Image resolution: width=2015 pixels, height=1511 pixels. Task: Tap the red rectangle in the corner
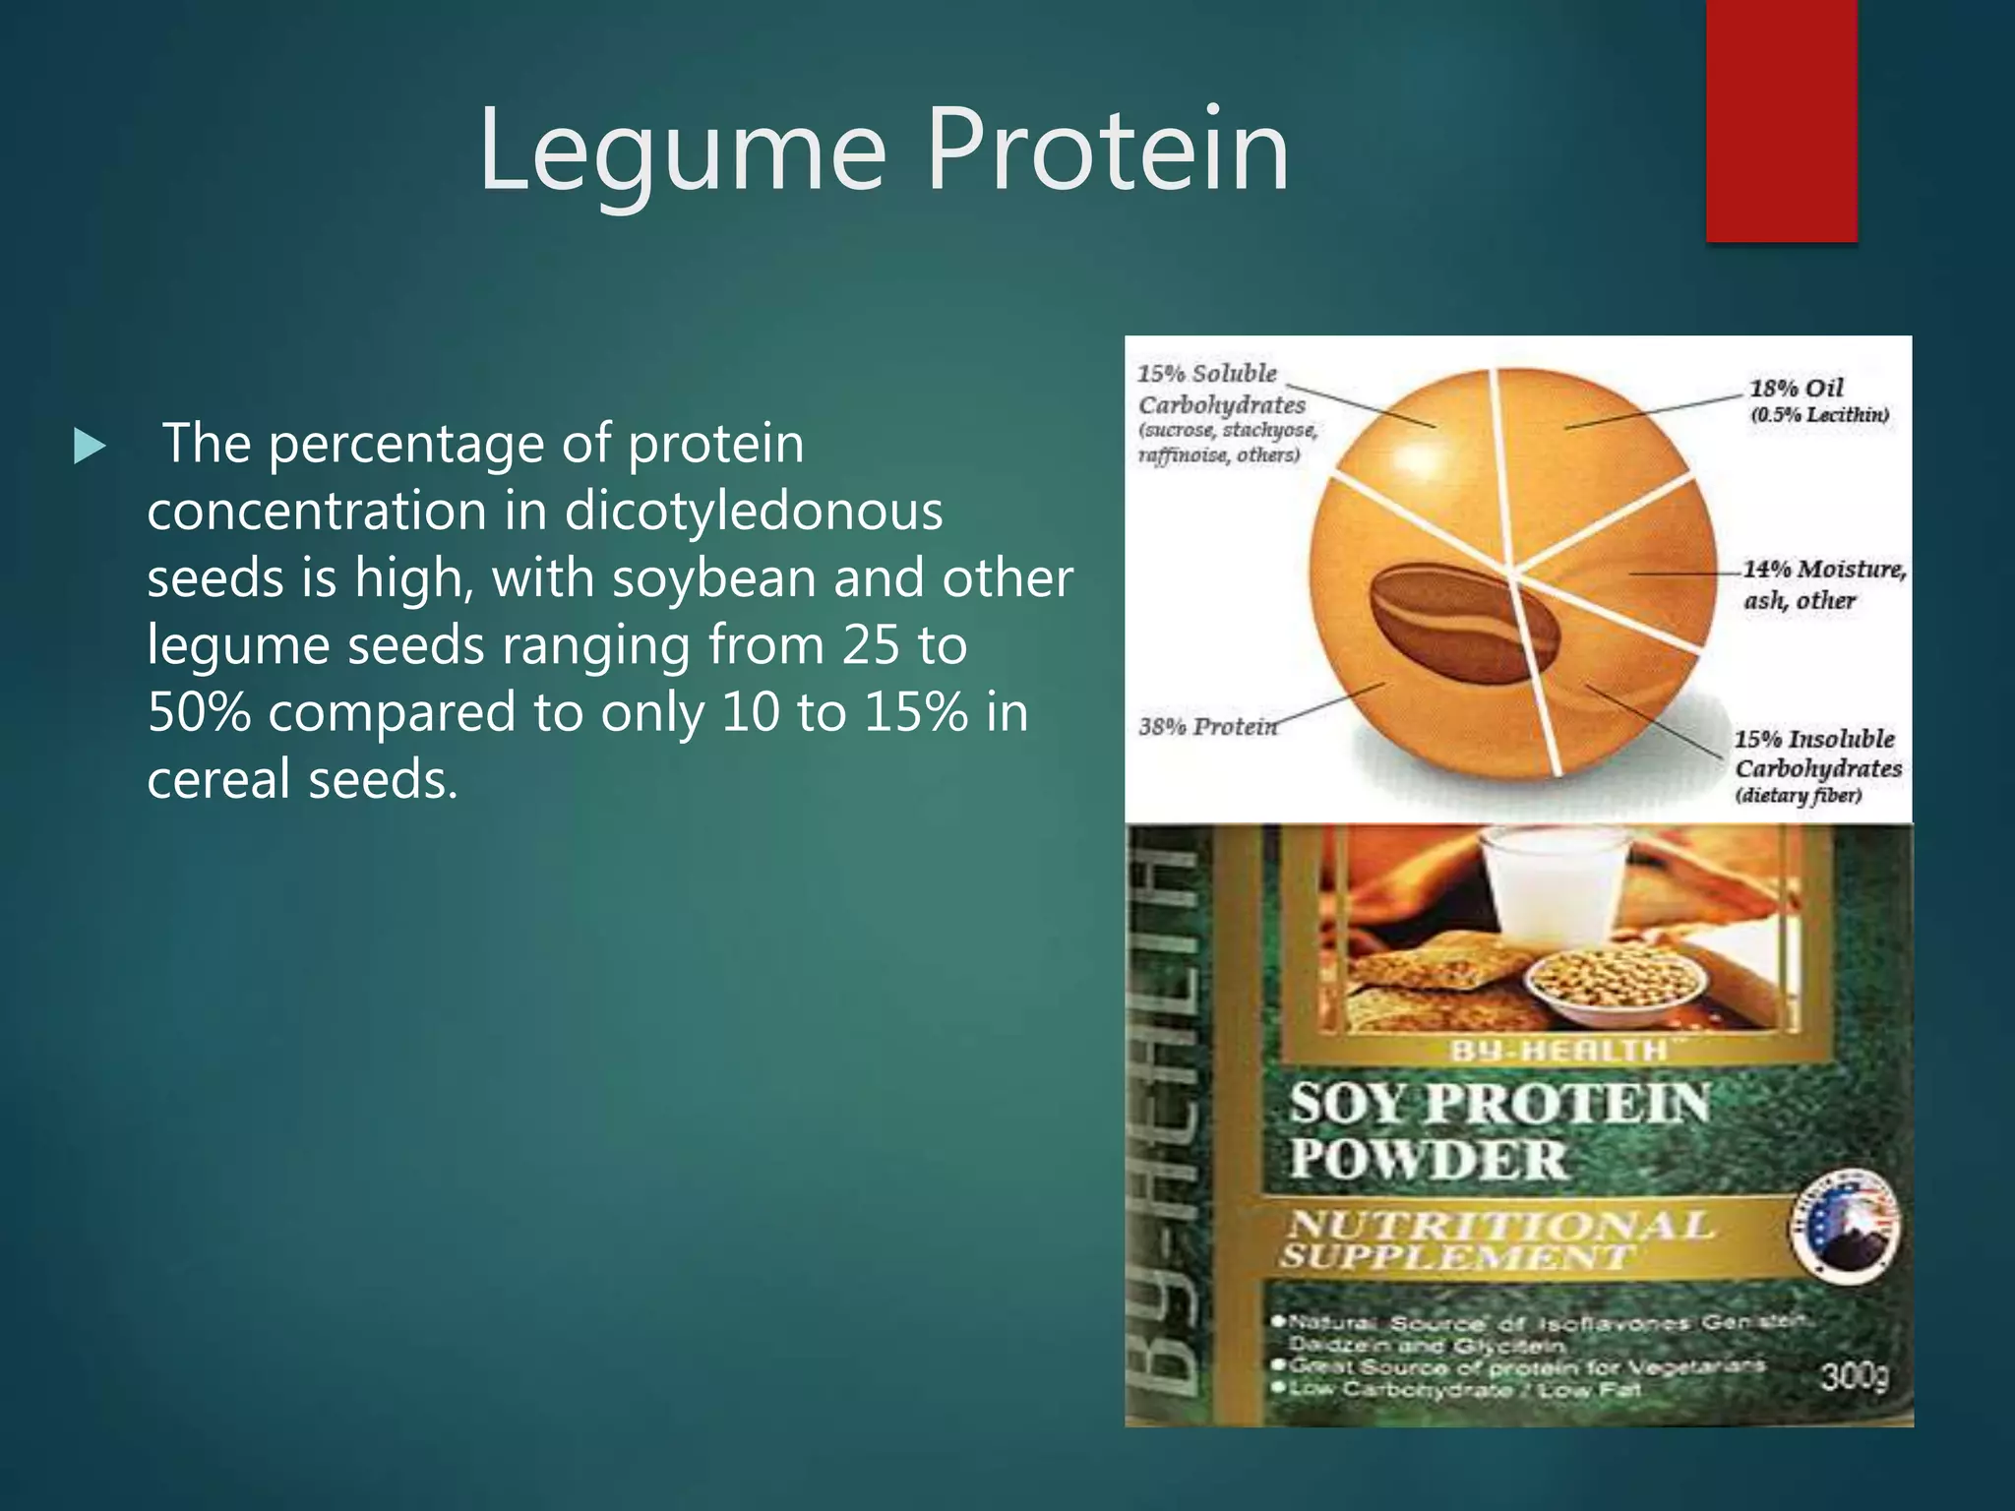click(1781, 120)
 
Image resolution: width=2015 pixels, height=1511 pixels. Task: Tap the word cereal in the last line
click(219, 779)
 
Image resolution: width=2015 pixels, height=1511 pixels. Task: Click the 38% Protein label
click(1207, 727)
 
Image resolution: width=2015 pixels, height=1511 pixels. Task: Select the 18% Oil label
click(1796, 389)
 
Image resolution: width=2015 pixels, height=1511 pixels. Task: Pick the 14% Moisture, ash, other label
click(1823, 584)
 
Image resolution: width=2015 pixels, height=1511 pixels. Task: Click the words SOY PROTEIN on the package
click(1499, 1103)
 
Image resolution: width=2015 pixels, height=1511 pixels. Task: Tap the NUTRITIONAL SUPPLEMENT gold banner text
click(1497, 1239)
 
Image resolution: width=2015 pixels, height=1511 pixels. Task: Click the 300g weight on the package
click(1854, 1375)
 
